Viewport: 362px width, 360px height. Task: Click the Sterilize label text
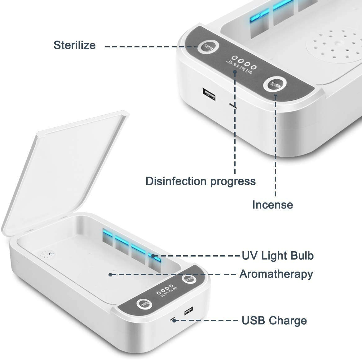[75, 45]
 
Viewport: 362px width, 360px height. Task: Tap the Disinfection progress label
[201, 181]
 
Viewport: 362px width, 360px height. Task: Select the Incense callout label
[272, 205]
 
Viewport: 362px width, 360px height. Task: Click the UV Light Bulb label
[278, 256]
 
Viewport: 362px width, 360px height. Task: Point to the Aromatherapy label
[276, 274]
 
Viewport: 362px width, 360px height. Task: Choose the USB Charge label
[274, 320]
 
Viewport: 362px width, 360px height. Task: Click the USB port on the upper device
[209, 94]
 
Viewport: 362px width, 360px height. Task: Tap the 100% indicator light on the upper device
[254, 67]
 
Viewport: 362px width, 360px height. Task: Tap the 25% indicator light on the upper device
[235, 58]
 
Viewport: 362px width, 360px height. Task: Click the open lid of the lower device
[62, 167]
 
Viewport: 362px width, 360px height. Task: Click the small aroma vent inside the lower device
[47, 255]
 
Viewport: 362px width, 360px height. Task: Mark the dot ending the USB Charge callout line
[174, 320]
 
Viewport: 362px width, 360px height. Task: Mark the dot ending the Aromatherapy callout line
[110, 274]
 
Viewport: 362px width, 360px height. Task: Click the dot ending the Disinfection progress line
[235, 72]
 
